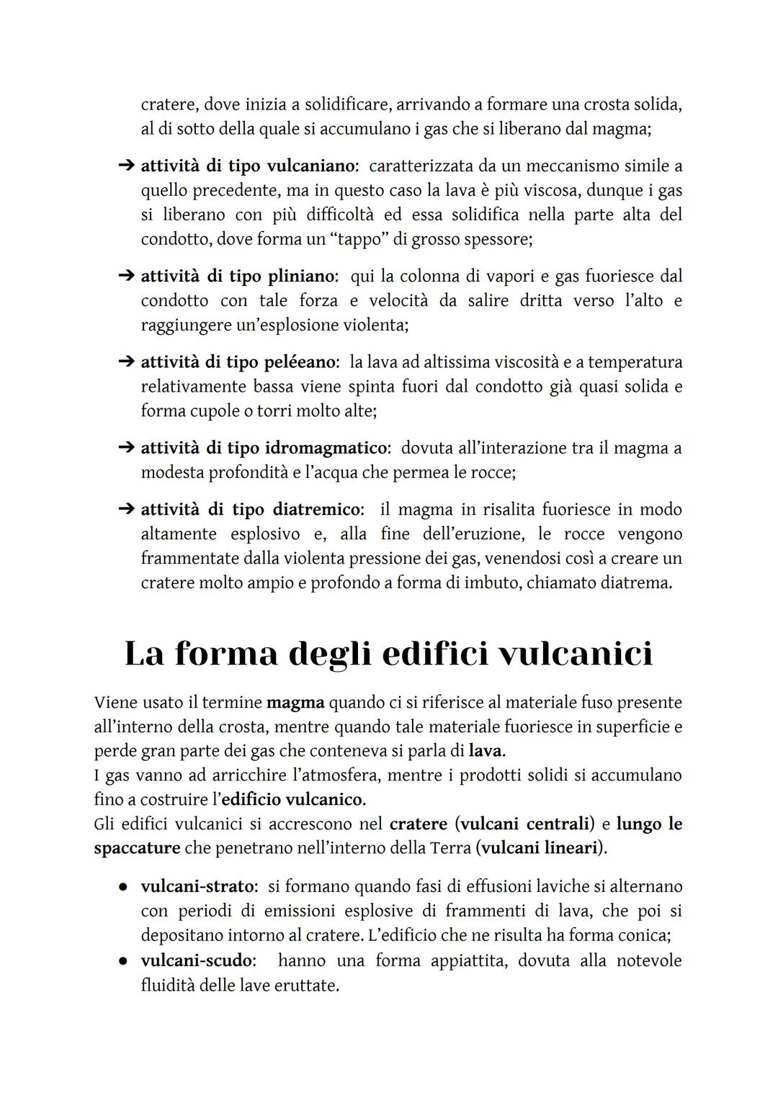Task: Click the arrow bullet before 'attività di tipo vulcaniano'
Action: click(x=126, y=166)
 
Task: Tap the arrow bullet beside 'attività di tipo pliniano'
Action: click(x=126, y=276)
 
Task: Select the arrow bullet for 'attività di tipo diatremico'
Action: click(x=126, y=510)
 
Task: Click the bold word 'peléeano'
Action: click(x=302, y=362)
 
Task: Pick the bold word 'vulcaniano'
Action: click(x=310, y=166)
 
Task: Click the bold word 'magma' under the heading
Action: click(x=295, y=703)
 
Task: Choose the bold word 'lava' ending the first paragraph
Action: click(x=486, y=752)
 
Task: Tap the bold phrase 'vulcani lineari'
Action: click(x=540, y=849)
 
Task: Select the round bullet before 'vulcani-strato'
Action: click(x=124, y=887)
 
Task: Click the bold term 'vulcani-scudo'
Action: click(x=197, y=961)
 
